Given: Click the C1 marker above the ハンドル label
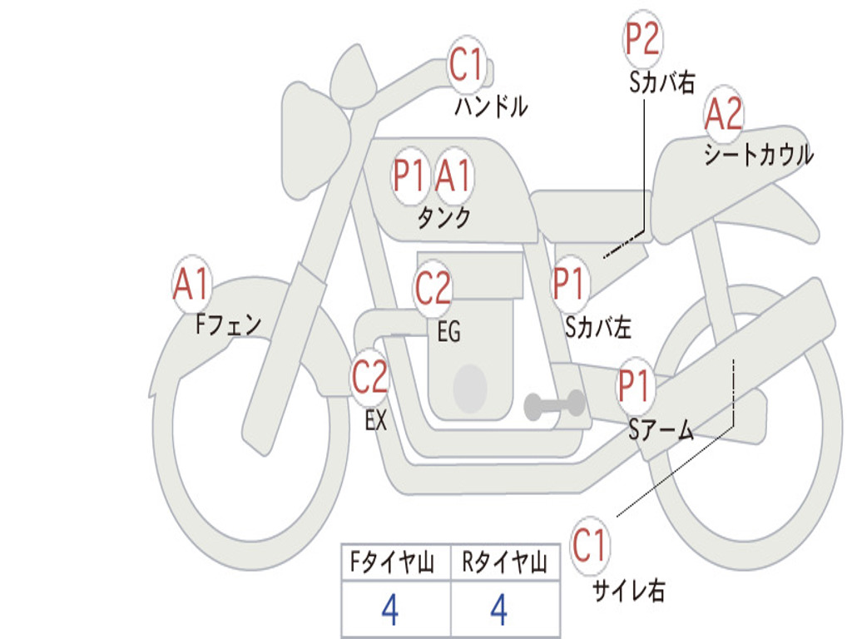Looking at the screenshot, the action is (466, 64).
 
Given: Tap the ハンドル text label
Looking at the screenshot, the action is (491, 106).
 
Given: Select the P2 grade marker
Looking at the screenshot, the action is (642, 38).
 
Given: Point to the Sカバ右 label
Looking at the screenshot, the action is (661, 82).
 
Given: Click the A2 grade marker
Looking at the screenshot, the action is (723, 113).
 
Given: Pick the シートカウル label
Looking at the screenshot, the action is (759, 154).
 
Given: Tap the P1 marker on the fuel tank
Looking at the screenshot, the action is (409, 176).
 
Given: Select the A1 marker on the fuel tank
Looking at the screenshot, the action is (453, 176).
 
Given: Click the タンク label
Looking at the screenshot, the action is (443, 217).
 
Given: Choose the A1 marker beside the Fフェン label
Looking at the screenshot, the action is (192, 284).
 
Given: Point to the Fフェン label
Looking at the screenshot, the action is (228, 324).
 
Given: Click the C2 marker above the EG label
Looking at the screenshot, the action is (433, 287).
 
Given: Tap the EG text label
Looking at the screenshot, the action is (448, 331).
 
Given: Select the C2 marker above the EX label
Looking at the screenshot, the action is (369, 377).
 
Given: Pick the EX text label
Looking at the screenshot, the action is (376, 420).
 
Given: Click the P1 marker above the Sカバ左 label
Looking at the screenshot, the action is (569, 284).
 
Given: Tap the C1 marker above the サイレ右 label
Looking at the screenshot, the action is (589, 545).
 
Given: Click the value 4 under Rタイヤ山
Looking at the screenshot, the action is (499, 609).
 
